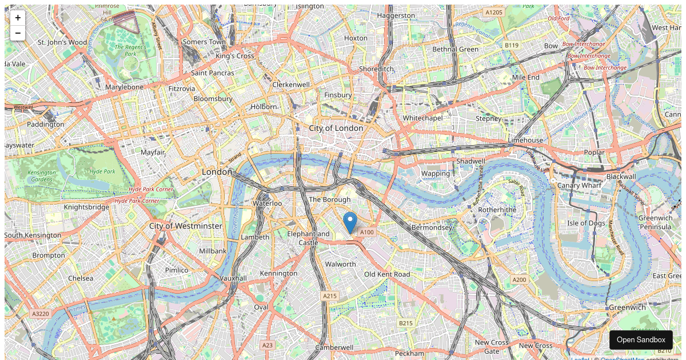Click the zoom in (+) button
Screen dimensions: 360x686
(18, 18)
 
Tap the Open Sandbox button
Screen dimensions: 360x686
(641, 339)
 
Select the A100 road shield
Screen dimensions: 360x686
(366, 232)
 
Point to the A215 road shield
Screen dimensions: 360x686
(330, 296)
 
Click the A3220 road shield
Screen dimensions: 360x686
(41, 314)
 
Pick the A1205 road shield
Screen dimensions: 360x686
(493, 12)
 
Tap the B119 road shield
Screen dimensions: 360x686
(511, 45)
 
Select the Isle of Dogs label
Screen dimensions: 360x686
(586, 223)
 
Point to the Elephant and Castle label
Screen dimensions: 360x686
(308, 238)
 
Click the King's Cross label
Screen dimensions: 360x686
(235, 56)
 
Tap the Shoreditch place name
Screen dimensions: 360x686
(376, 69)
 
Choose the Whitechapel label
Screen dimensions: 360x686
(422, 118)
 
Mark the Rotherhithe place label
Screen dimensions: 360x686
(497, 210)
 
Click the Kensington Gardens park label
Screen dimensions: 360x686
(41, 175)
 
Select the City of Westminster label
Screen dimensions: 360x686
(185, 226)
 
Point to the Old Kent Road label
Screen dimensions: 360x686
(387, 274)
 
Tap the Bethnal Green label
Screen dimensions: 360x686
(455, 49)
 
